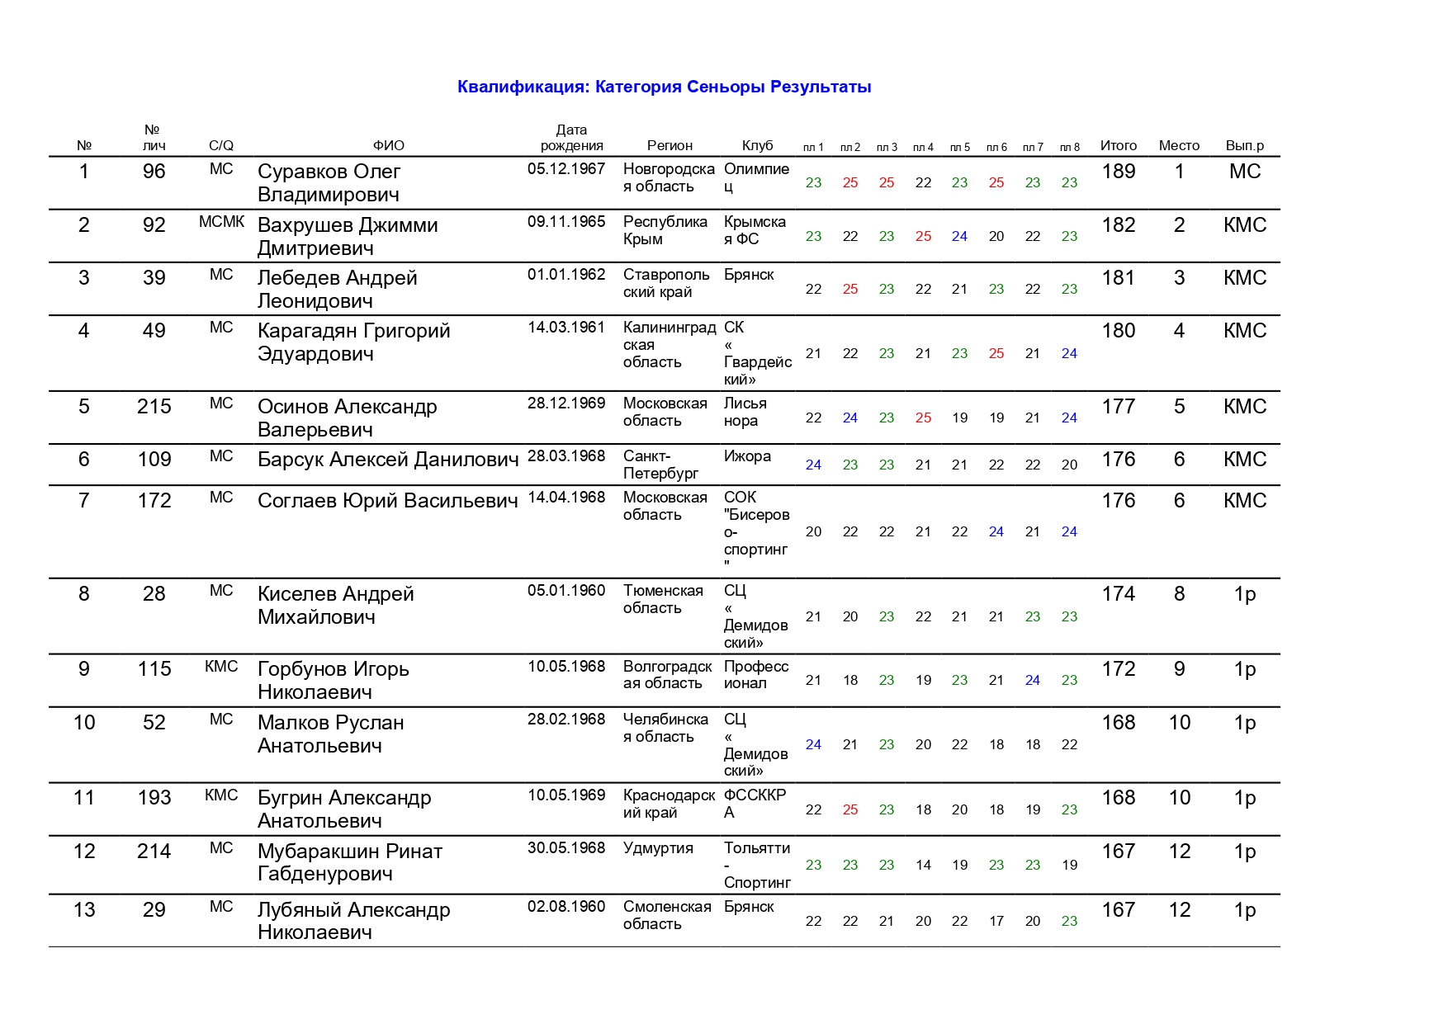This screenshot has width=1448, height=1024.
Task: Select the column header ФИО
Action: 388,145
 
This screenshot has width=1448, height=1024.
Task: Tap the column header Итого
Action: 1118,145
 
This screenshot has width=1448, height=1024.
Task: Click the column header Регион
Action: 670,145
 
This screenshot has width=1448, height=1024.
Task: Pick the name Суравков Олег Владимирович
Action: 329,182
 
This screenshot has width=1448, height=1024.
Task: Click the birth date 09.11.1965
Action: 566,222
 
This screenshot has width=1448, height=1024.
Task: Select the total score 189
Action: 1118,172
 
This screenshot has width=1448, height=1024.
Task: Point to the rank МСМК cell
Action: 221,222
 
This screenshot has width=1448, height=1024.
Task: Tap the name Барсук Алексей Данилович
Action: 388,460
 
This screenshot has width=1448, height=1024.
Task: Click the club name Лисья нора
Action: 745,412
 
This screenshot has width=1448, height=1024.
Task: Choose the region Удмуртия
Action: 658,848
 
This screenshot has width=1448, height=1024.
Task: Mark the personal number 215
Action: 154,407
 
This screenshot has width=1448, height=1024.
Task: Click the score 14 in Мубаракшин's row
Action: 923,865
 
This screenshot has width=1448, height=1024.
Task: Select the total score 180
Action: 1118,331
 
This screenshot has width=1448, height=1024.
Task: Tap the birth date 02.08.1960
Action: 566,907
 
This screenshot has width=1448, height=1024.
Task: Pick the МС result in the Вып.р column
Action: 1244,172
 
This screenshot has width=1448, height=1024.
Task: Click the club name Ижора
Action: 747,456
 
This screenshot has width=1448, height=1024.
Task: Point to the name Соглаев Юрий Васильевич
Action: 388,501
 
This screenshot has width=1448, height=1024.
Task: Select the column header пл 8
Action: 1069,147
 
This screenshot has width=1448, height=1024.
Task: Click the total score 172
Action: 1118,669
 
